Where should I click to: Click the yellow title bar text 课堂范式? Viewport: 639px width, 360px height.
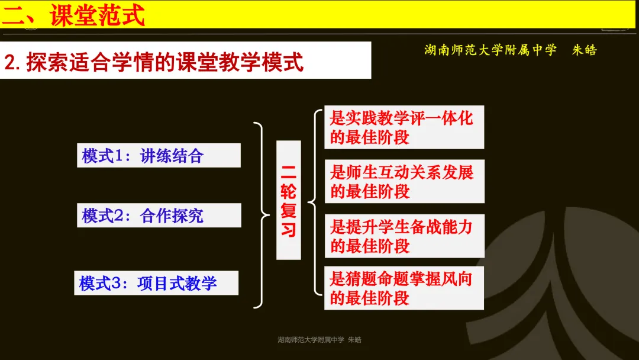[x=98, y=15]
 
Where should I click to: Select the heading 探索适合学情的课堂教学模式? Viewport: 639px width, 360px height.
[x=164, y=62]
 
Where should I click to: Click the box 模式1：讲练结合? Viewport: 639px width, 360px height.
[x=159, y=156]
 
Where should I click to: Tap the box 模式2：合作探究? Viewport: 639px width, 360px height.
[x=159, y=216]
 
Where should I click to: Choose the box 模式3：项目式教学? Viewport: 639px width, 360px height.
[x=156, y=283]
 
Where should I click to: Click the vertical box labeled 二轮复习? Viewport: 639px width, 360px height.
[x=288, y=200]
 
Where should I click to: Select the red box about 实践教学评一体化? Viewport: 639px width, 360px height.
[x=404, y=127]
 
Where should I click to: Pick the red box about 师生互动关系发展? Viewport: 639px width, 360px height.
[x=404, y=181]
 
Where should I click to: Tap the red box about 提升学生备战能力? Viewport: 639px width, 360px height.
[x=404, y=236]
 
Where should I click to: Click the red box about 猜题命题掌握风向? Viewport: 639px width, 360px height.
[x=404, y=288]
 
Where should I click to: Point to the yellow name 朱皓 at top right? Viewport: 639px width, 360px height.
[x=584, y=50]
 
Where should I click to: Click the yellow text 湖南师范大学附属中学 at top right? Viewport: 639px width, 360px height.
[x=490, y=50]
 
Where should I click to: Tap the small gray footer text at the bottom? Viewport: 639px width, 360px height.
[x=319, y=340]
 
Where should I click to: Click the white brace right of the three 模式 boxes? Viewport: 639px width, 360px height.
[x=260, y=215]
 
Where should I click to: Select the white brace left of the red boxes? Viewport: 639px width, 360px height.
[x=314, y=201]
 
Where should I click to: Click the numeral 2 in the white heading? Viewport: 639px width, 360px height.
[x=11, y=62]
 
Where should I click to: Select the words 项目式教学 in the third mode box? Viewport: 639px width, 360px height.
[x=177, y=283]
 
